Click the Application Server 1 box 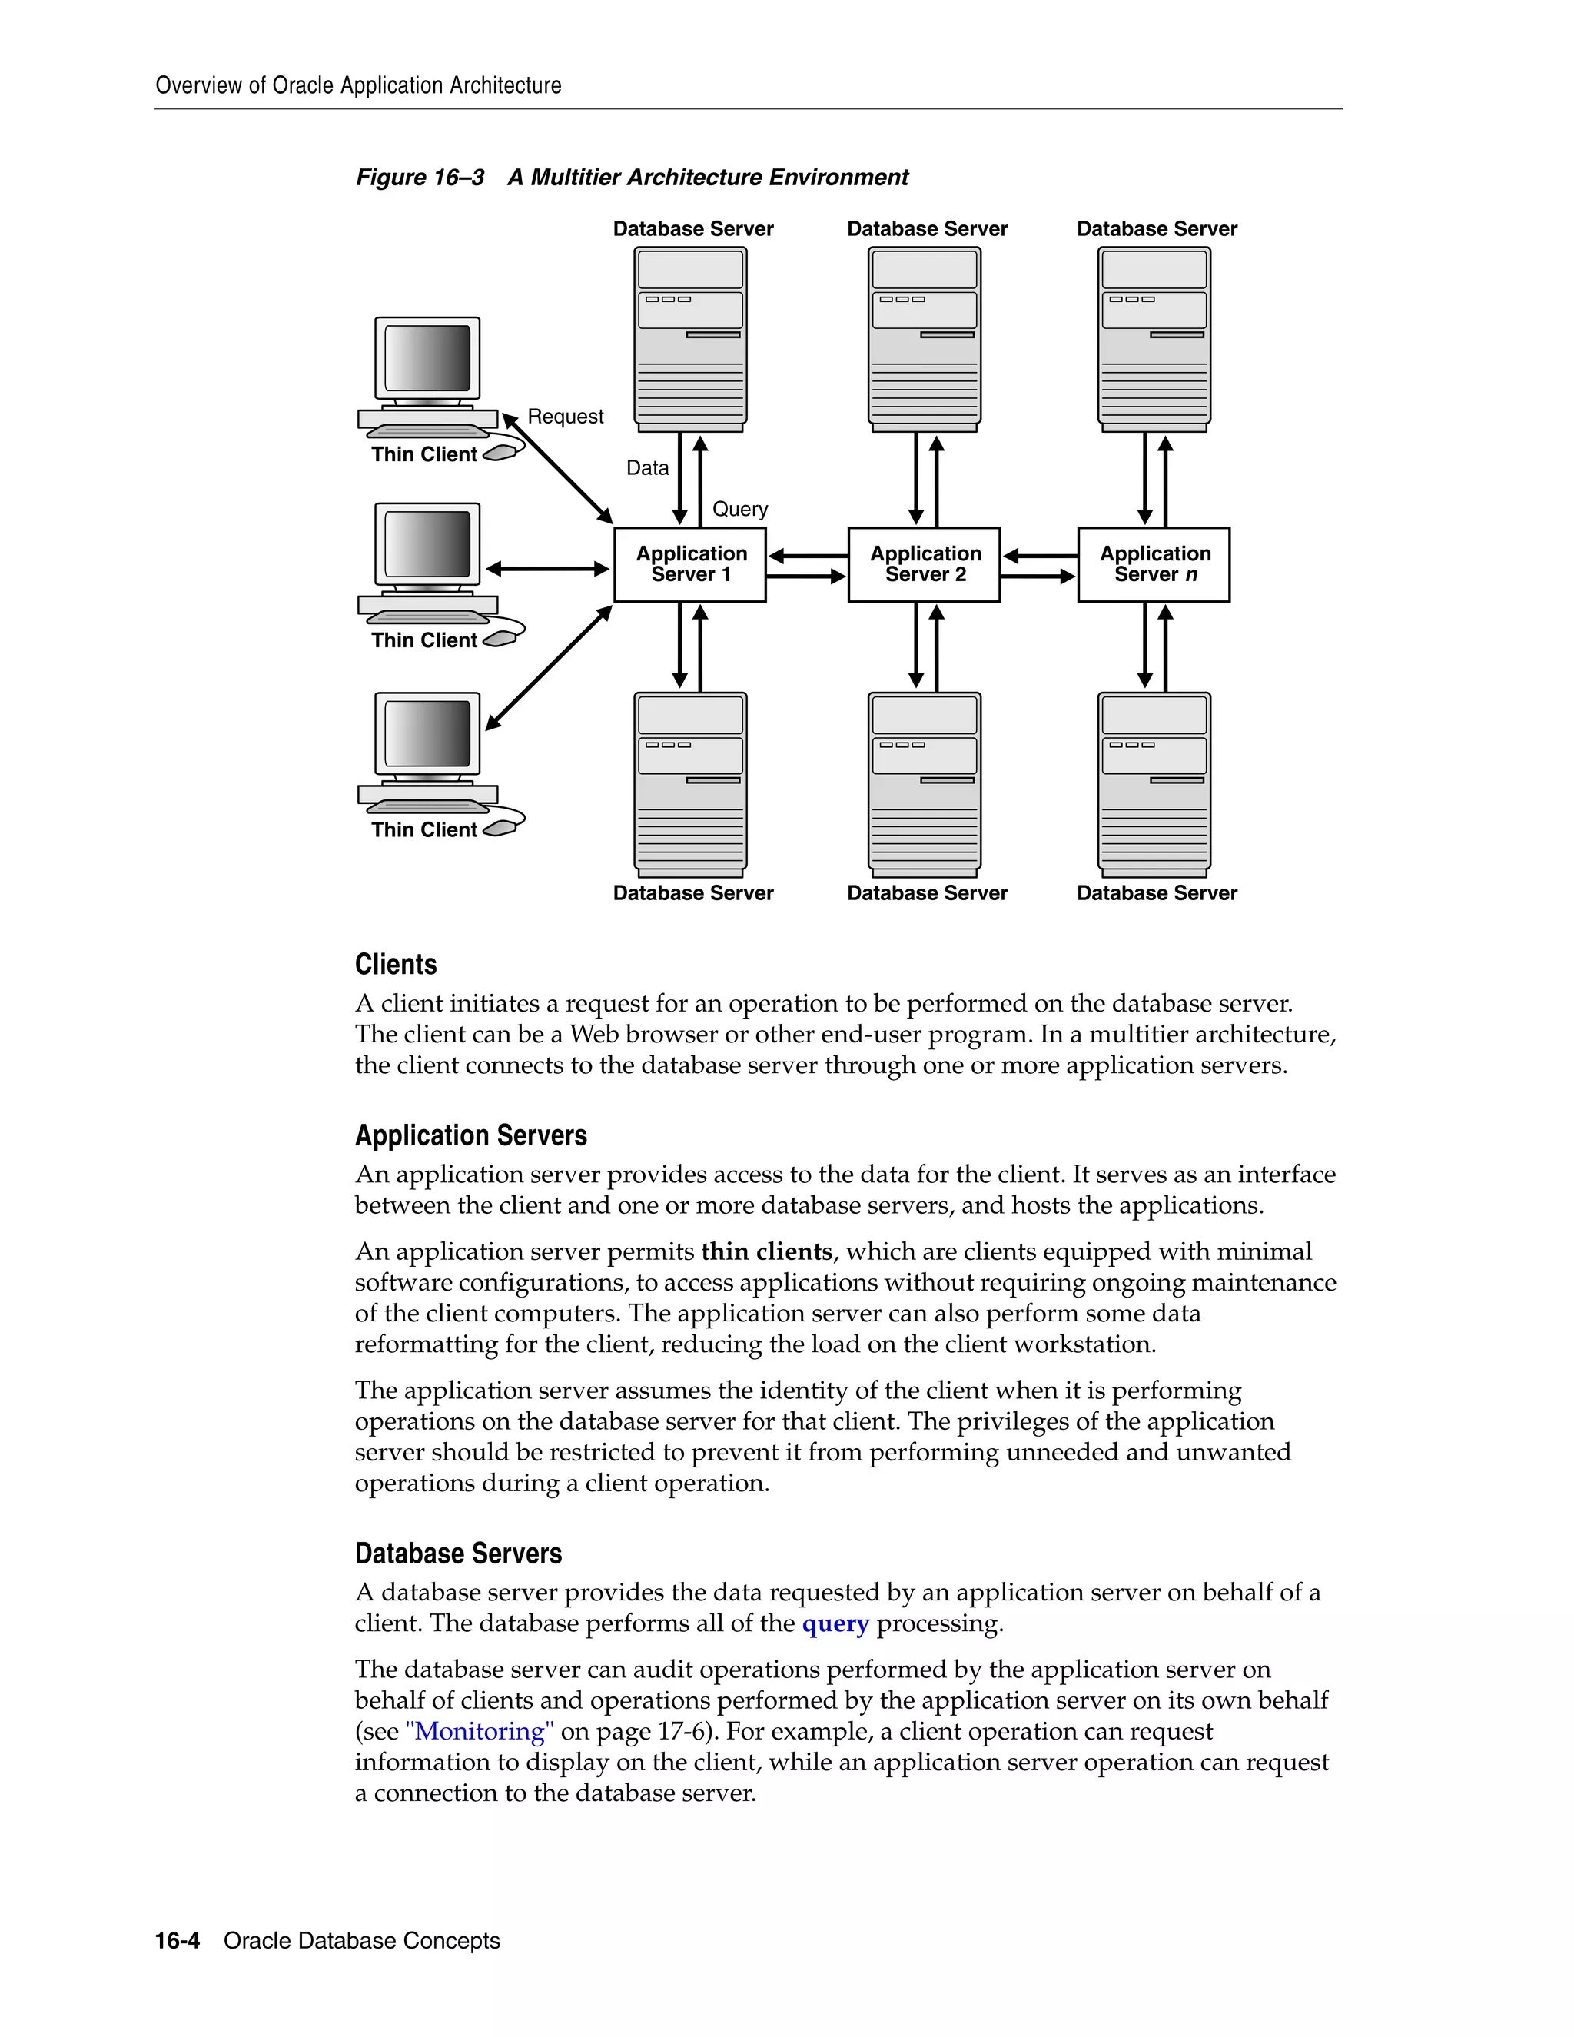coord(690,564)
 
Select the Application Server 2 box coord(924,564)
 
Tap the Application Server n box coord(1154,564)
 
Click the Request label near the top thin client coord(565,416)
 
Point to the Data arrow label coord(647,467)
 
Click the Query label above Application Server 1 coord(740,508)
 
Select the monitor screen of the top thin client coord(427,358)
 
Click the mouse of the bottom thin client coord(500,827)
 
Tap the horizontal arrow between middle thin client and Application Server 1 coord(547,568)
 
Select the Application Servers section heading coord(471,1135)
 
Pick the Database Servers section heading coord(458,1553)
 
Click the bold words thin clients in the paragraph coord(766,1251)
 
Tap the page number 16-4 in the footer coord(178,1941)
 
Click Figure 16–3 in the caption coord(420,178)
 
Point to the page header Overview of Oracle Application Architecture coord(358,85)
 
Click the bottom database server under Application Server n coord(1154,783)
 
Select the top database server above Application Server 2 coord(924,337)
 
